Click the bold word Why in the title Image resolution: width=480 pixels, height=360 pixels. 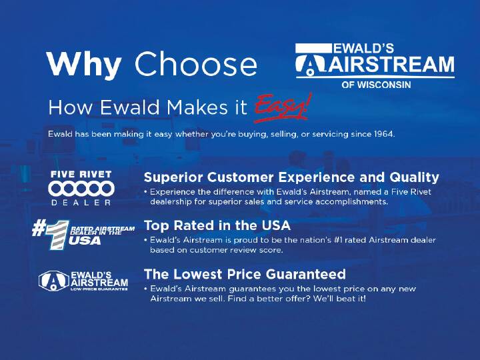coord(84,65)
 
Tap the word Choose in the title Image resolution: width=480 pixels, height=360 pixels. coord(195,64)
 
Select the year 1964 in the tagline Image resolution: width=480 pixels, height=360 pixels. coord(383,134)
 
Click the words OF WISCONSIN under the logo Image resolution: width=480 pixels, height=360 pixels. coord(376,85)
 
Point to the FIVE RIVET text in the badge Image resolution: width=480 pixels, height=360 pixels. coord(81,175)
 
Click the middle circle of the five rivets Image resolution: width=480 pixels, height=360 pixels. coord(81,188)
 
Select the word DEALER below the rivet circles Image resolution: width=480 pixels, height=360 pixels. coord(81,203)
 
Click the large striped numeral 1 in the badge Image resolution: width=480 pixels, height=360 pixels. coord(57,234)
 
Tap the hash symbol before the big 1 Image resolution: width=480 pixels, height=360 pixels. coord(39,229)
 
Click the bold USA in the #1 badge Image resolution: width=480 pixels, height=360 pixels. coord(85,241)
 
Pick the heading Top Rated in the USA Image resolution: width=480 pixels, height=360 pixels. coord(217,225)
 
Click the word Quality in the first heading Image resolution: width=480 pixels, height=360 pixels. coord(414,177)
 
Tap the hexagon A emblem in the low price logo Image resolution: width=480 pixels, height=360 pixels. coord(54,281)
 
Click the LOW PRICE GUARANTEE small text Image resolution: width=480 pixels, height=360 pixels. coord(99,289)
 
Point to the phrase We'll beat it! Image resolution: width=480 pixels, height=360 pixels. coord(339,298)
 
